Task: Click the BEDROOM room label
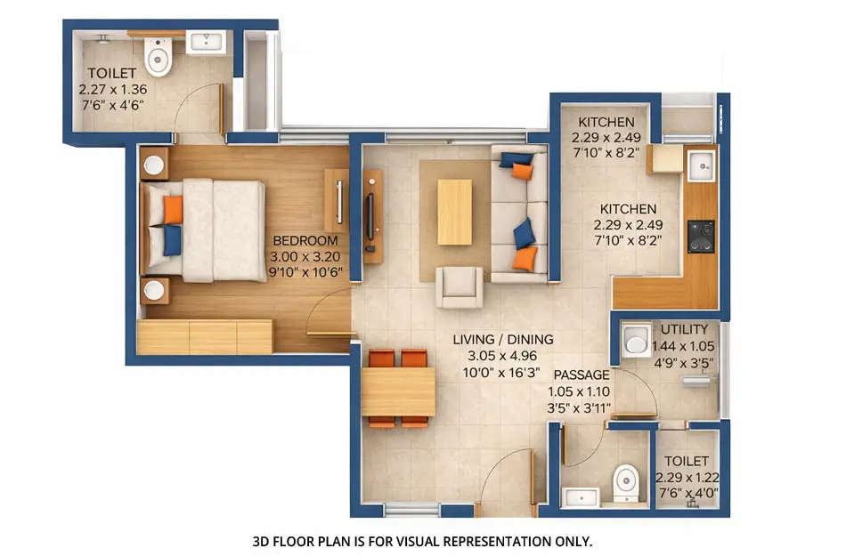[305, 240]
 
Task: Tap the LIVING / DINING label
[502, 339]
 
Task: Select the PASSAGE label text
[582, 375]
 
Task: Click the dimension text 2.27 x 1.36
[112, 89]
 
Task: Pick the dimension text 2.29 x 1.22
[687, 477]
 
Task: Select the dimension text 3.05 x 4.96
[502, 355]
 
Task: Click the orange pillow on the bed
[173, 210]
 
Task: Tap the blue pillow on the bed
[171, 239]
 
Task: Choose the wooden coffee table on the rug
[454, 212]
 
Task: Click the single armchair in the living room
[460, 287]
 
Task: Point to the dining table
[398, 391]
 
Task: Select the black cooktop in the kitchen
[701, 236]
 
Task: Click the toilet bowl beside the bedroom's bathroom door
[159, 59]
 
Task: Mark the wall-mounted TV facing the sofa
[370, 214]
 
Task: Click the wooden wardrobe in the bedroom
[206, 337]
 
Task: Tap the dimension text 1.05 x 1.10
[582, 391]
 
